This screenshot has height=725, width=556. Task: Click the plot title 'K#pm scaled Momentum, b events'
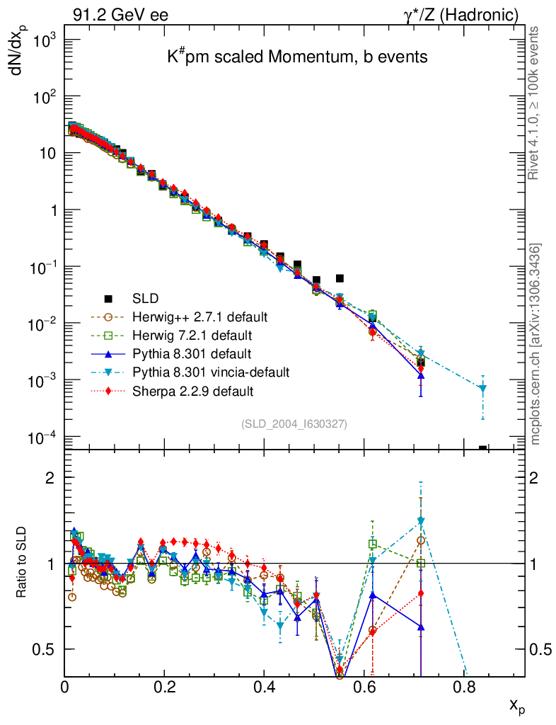point(297,57)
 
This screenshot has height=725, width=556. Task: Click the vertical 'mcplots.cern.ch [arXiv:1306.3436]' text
point(536,344)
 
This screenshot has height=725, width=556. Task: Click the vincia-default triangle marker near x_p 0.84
point(483,389)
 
